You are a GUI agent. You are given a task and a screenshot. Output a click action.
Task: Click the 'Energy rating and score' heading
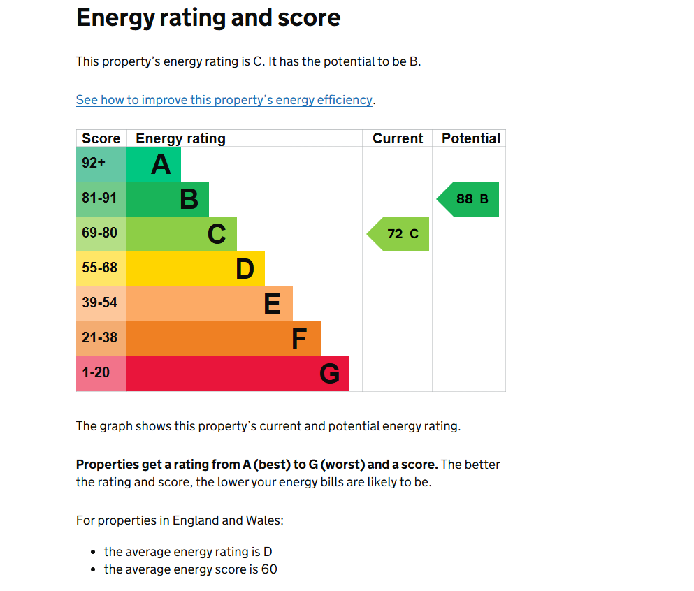208,17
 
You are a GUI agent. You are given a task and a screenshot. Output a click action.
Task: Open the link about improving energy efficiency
224,100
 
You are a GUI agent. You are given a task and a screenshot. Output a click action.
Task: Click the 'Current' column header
398,138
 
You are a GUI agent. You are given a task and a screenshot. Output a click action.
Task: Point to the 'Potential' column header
470,138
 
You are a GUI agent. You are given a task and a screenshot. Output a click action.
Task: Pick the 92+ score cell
94,163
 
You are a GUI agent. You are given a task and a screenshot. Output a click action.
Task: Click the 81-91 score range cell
99,198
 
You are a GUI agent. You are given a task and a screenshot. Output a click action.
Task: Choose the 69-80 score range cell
99,233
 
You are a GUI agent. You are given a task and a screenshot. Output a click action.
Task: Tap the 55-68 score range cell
99,268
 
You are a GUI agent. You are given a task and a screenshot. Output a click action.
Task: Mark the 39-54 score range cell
99,303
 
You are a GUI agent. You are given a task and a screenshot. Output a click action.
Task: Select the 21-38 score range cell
99,338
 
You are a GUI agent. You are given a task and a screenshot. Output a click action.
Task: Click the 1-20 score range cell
96,373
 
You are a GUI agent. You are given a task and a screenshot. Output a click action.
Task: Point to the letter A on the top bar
161,165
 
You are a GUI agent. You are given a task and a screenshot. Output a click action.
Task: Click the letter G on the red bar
329,374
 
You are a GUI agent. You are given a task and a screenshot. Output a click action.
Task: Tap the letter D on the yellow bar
245,270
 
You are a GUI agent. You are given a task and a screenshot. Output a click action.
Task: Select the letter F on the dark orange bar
298,340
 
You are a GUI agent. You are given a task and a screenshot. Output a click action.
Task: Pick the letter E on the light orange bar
272,305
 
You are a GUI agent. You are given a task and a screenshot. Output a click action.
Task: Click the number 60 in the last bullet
269,569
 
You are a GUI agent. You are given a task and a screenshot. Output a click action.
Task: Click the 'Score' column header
101,138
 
